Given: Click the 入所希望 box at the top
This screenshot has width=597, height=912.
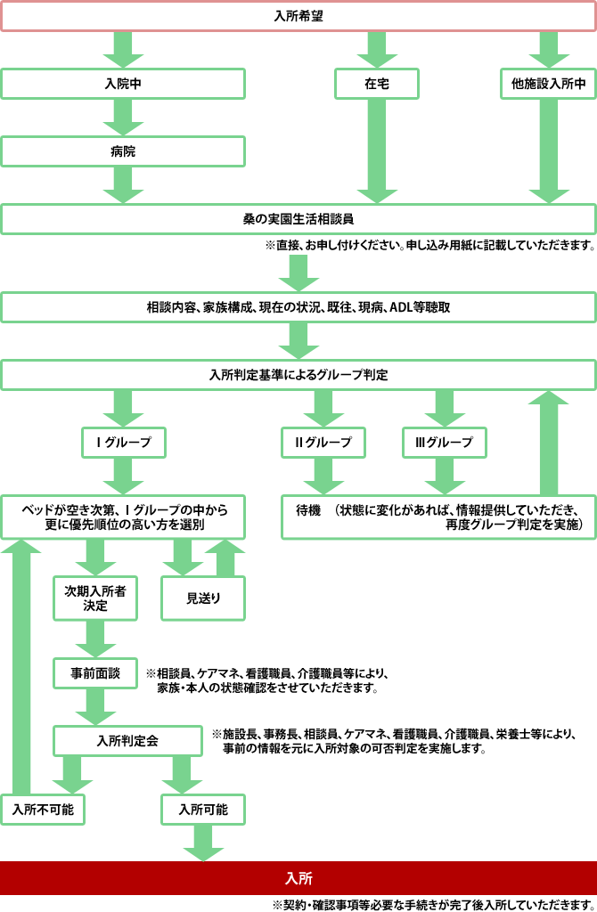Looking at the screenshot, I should click(298, 16).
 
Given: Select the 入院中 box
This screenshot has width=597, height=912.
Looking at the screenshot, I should click(123, 84).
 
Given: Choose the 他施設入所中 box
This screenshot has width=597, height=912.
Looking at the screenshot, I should click(548, 84).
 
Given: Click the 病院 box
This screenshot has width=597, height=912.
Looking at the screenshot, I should click(123, 151).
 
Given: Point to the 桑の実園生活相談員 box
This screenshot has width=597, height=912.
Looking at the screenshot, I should click(298, 218).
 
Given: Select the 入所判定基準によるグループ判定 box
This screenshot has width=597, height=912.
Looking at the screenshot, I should click(298, 375).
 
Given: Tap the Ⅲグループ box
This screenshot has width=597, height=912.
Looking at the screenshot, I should click(444, 442).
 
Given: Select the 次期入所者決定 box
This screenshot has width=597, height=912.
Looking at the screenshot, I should click(95, 598).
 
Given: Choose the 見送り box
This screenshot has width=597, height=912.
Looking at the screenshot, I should click(203, 598).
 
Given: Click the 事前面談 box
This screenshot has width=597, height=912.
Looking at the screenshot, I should click(95, 673).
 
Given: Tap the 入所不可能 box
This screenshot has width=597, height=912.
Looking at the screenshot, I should click(42, 809).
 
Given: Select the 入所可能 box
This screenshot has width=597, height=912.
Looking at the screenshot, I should click(203, 809).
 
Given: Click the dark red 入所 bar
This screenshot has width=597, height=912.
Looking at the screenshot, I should click(298, 877).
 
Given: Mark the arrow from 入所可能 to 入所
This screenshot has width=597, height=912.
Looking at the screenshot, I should click(203, 843).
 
